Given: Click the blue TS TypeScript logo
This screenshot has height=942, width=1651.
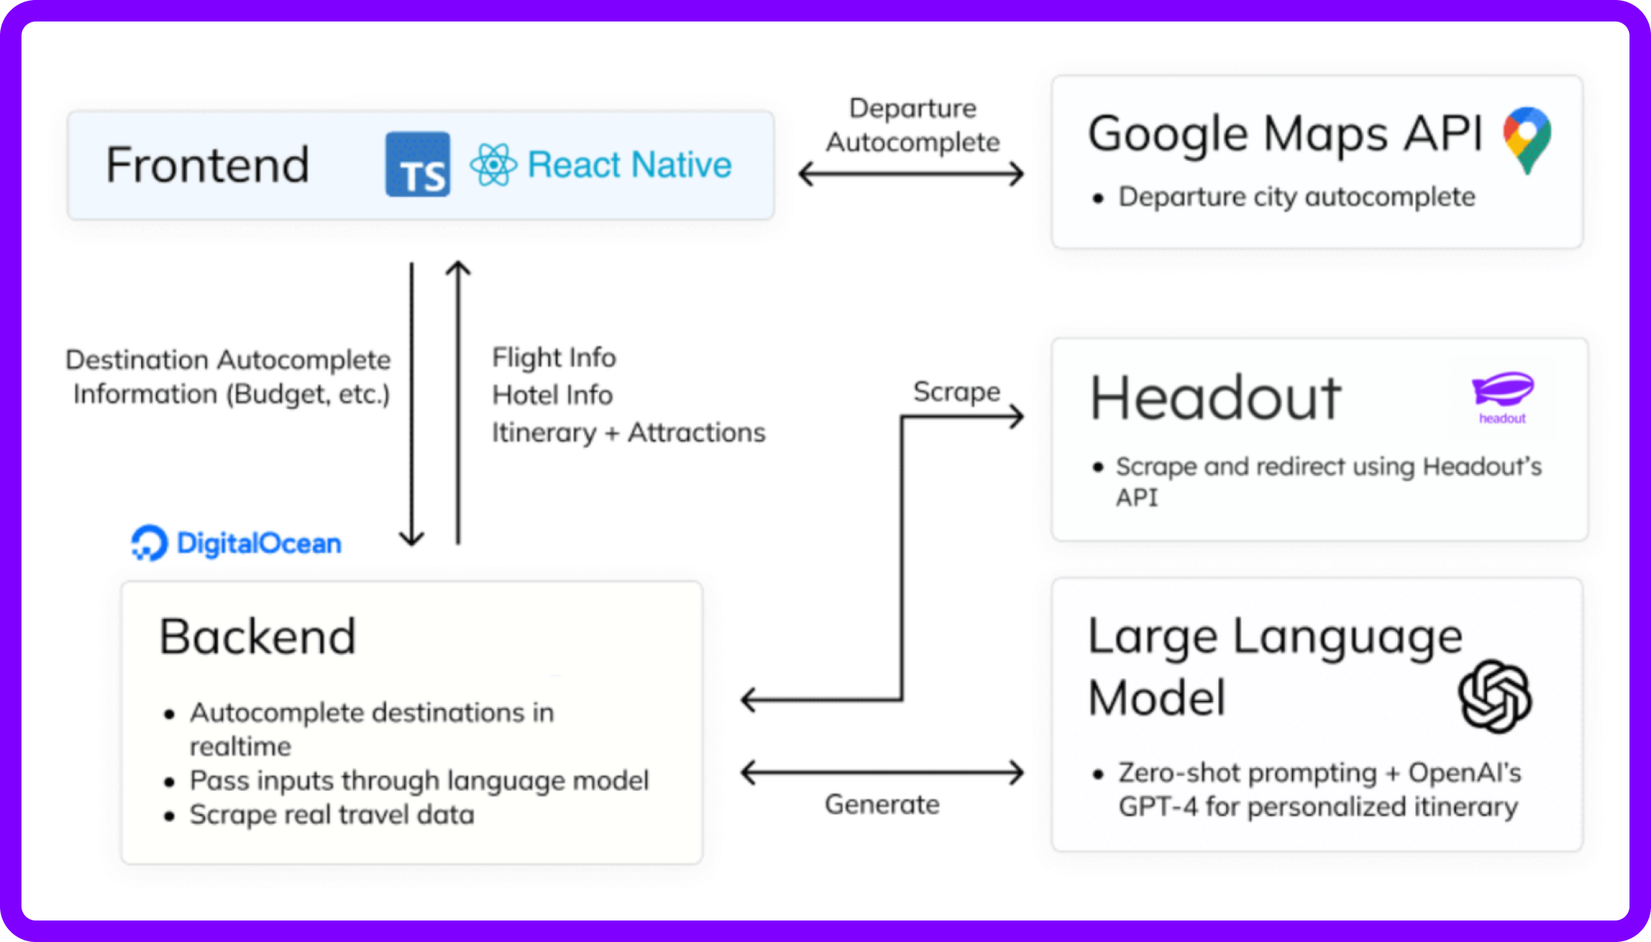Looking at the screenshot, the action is point(418,164).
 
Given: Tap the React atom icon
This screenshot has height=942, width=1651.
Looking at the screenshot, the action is point(493,164).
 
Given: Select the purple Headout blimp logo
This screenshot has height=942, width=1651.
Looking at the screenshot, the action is point(1503,397).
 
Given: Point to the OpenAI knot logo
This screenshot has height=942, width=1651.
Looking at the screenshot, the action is point(1495,696).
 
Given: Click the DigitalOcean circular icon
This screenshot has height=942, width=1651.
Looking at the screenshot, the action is point(149,543).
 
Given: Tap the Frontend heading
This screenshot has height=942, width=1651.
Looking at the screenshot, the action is point(208,165).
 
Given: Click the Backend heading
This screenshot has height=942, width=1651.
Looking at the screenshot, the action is point(257,637).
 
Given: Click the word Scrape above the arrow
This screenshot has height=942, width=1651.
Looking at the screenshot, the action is point(957,392).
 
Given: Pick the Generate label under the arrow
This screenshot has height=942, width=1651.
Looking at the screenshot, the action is point(882,804).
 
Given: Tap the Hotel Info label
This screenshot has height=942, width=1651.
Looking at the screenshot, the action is point(552,395).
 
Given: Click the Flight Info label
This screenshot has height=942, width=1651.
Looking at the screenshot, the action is point(554,358).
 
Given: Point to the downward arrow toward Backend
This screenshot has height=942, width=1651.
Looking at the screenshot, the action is point(412,404).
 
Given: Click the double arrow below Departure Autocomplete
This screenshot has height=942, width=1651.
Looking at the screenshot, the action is point(911,173).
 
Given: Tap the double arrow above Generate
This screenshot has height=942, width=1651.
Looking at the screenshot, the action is point(883,773).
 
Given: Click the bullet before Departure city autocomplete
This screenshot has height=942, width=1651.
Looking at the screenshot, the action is point(1098,198).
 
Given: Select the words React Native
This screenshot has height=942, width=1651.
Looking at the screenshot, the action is point(629,164).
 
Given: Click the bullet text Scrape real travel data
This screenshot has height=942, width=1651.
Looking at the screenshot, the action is point(332,815).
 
